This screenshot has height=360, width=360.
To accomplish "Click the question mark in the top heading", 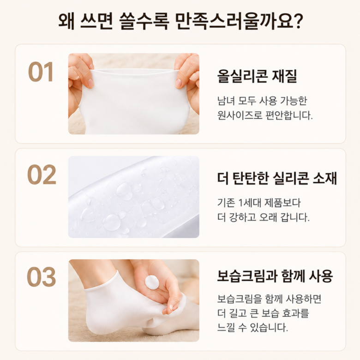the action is click(x=298, y=21).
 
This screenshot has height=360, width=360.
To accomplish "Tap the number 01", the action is click(x=41, y=72).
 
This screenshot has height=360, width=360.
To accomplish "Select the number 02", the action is click(x=42, y=174).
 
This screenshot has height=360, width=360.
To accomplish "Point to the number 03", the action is click(x=42, y=277).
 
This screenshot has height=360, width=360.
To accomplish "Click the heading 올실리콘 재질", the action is click(x=257, y=76).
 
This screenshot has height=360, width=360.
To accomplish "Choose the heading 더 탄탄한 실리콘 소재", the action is click(x=277, y=178).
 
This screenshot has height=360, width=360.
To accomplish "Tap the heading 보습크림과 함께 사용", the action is click(x=275, y=276).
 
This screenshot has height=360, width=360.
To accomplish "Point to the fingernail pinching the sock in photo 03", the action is click(x=172, y=307).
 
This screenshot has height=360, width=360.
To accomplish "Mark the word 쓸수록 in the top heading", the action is click(x=144, y=21).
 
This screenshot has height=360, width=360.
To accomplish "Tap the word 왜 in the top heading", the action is click(x=67, y=21).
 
